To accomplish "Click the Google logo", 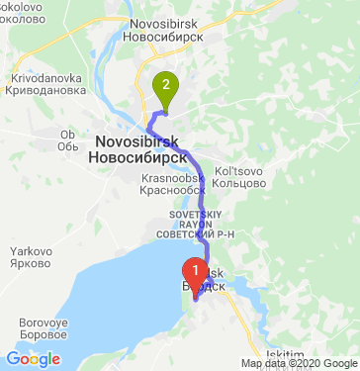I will tap(33, 359).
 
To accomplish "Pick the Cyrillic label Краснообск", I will tap(173, 190).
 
